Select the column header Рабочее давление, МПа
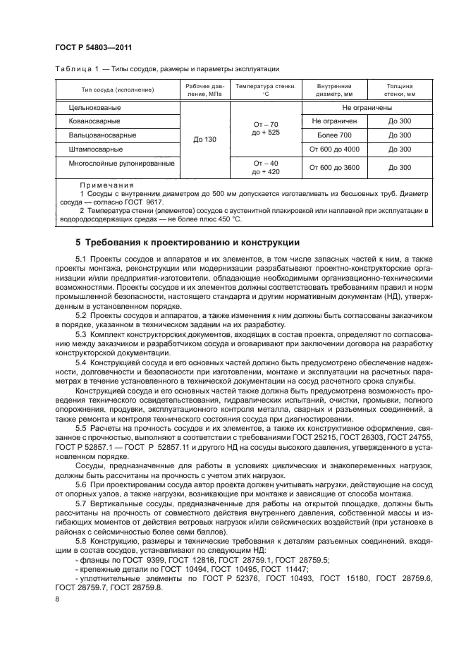205,89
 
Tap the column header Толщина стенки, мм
400,89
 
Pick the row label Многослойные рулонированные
121,164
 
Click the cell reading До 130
205,140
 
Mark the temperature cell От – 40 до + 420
265,167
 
